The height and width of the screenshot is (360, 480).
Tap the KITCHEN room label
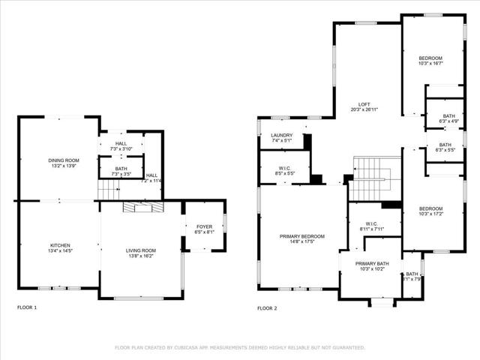[60, 245]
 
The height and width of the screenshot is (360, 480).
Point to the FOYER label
[204, 226]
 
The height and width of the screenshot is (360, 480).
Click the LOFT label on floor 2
[364, 104]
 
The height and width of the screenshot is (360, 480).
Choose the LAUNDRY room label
[281, 135]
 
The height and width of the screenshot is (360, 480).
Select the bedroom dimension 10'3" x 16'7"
[430, 63]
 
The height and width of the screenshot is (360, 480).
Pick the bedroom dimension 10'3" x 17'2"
[430, 214]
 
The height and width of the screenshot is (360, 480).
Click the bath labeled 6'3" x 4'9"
[448, 121]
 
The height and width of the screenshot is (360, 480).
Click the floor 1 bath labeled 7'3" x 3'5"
[120, 174]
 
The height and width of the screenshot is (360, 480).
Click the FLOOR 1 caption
[26, 307]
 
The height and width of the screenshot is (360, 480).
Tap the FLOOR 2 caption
[267, 307]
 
